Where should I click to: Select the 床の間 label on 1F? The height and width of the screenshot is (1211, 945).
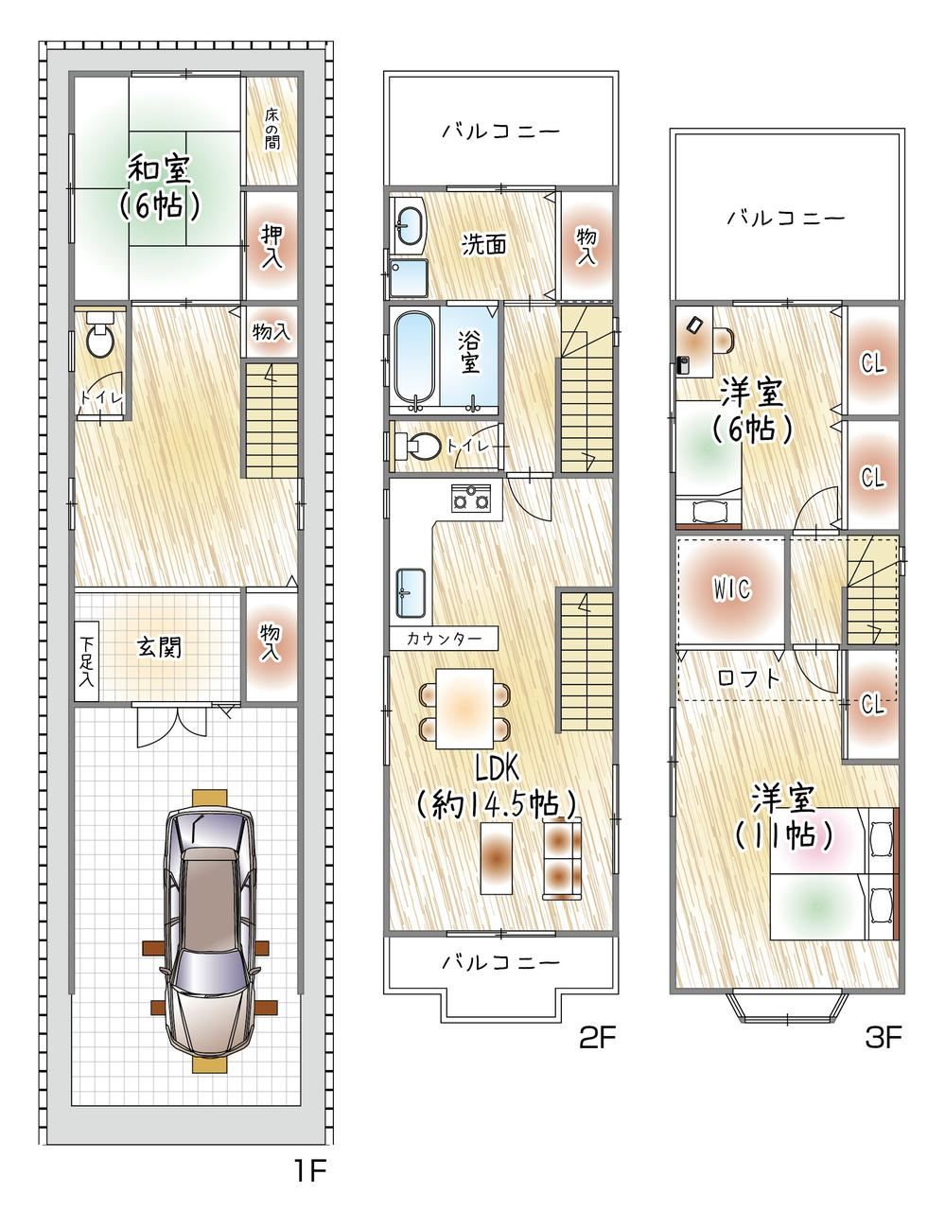tap(271, 129)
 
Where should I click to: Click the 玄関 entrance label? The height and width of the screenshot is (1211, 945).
tap(159, 647)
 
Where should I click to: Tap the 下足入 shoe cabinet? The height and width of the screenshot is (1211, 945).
tap(86, 661)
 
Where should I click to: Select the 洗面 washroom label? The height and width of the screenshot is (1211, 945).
tap(484, 244)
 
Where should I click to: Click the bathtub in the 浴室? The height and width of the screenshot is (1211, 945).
tap(414, 356)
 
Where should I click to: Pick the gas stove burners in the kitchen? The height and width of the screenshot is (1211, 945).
tap(471, 497)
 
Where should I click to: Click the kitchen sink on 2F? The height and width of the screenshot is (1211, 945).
tap(411, 593)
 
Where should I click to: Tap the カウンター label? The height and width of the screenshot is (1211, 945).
tap(444, 639)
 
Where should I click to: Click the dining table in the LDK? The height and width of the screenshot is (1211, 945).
tap(464, 709)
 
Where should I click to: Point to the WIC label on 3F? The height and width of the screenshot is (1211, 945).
tap(732, 589)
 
